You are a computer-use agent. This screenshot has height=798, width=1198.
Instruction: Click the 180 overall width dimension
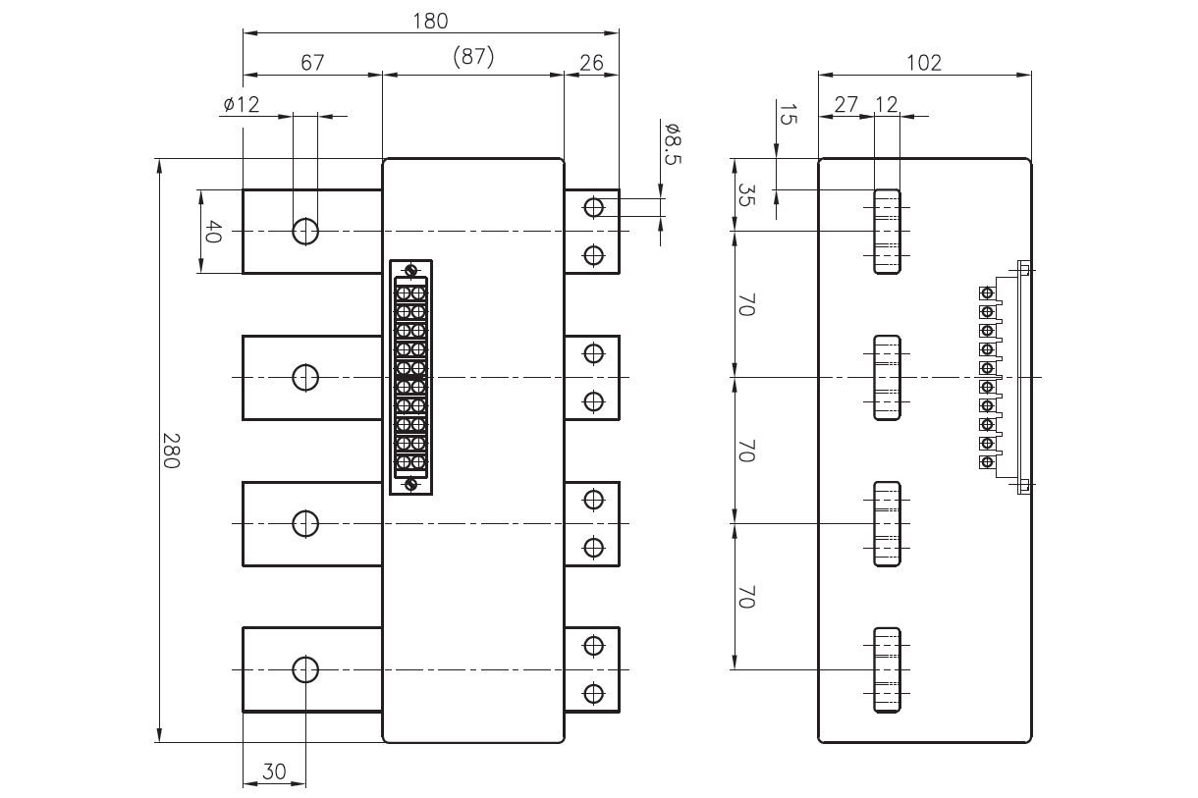tap(431, 20)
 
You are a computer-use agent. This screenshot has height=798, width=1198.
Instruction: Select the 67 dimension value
tap(312, 62)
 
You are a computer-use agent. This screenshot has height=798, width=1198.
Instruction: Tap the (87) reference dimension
tap(473, 59)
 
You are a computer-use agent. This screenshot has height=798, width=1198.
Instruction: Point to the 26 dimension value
tap(591, 62)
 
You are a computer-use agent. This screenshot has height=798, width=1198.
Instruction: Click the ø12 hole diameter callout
tap(241, 104)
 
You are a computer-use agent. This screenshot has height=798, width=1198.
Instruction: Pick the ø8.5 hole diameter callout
tap(673, 144)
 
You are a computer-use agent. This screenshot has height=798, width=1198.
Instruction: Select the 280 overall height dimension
tap(171, 451)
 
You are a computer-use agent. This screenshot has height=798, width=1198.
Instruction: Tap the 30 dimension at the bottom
tap(274, 771)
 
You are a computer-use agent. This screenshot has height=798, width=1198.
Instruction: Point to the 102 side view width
tap(924, 62)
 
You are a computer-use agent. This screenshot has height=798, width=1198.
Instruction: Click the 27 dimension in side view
tap(845, 104)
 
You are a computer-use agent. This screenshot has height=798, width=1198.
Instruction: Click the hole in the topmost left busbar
tap(305, 232)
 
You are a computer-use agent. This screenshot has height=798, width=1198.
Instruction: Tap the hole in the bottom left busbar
tap(305, 669)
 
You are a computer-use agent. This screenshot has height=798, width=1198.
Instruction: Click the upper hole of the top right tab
tap(593, 207)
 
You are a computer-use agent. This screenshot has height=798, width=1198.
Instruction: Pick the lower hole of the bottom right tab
tap(593, 693)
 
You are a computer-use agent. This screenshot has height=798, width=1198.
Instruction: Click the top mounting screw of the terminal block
tap(411, 271)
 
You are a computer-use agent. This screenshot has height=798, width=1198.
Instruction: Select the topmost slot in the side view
tap(887, 232)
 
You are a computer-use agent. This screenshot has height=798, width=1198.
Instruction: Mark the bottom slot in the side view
tap(887, 669)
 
